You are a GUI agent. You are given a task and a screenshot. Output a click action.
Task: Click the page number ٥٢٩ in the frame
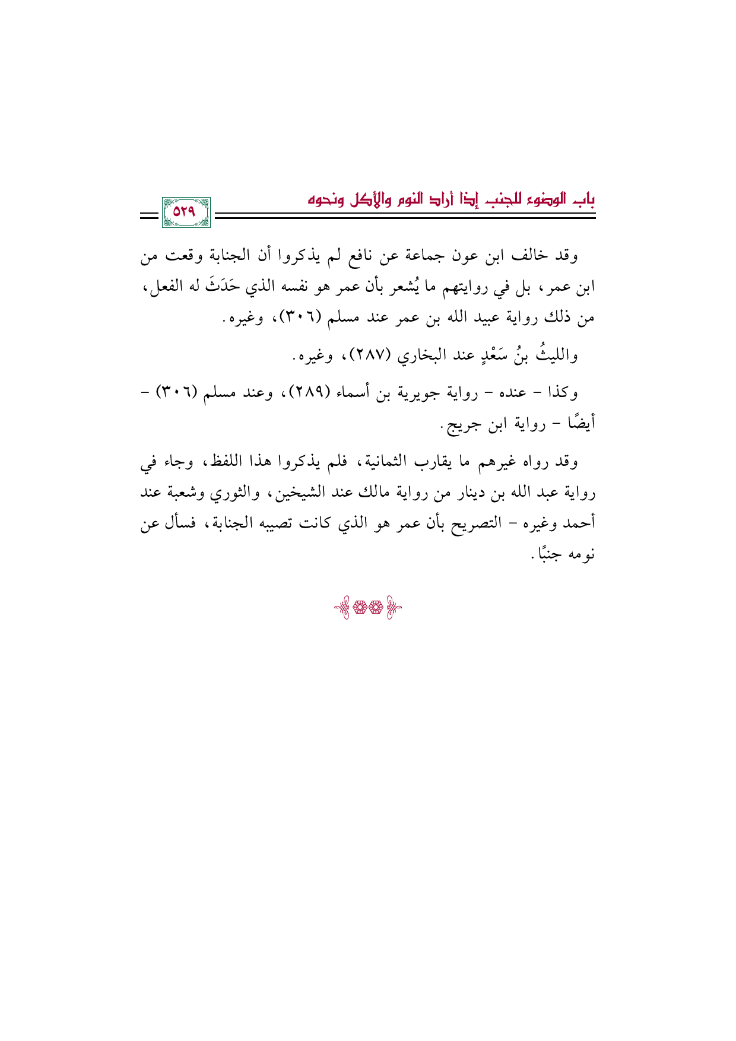[x=185, y=212]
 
